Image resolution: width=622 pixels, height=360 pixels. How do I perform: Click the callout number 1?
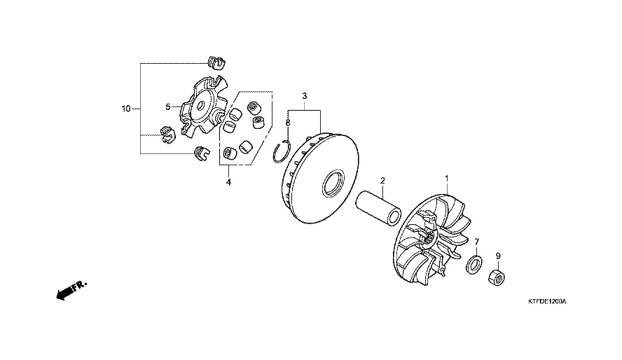447,179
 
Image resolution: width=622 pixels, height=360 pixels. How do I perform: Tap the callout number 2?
382,181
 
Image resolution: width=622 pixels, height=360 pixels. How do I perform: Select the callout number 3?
304,95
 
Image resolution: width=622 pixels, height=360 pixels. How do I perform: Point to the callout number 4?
228,182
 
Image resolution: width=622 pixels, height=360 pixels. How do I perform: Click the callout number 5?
168,107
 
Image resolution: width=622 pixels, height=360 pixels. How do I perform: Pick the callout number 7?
477,242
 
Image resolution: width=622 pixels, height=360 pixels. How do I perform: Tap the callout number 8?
288,123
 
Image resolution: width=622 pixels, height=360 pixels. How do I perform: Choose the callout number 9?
498,256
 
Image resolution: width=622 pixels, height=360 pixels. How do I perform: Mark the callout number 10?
126,109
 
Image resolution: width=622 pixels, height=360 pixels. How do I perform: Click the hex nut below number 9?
496,277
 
